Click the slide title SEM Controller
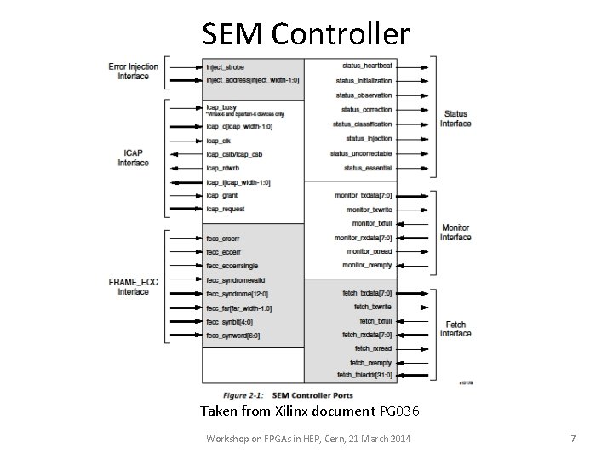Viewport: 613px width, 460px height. point(306,33)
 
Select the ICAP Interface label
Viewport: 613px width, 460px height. point(133,157)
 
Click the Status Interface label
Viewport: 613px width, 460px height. point(455,118)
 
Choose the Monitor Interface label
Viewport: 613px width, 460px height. point(455,232)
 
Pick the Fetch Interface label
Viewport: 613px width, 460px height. point(455,329)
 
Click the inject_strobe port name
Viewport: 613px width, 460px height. point(225,65)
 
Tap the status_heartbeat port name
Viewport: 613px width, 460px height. point(367,65)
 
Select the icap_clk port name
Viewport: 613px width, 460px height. point(219,140)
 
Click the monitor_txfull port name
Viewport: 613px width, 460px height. point(373,223)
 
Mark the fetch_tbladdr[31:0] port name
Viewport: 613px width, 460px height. point(365,375)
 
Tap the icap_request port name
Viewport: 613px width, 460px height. point(225,209)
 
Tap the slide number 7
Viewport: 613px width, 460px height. point(573,438)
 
